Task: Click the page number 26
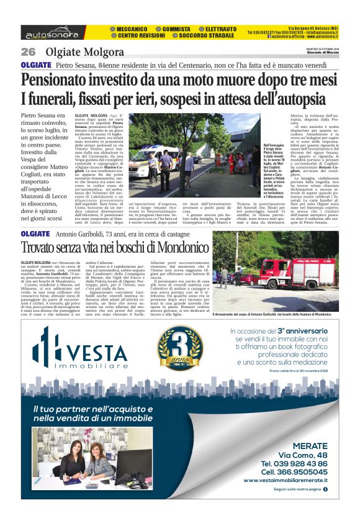29,51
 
